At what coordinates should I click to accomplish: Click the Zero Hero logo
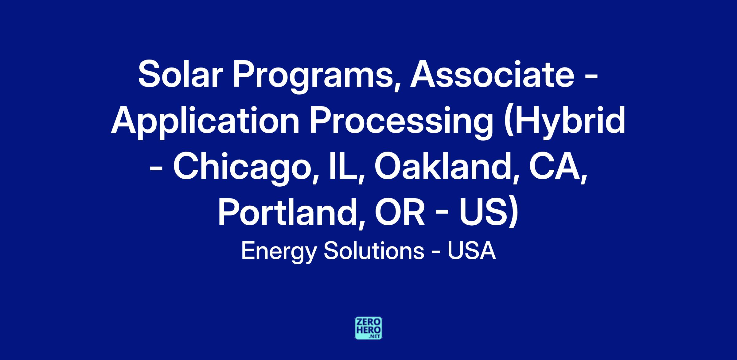pos(368,328)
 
